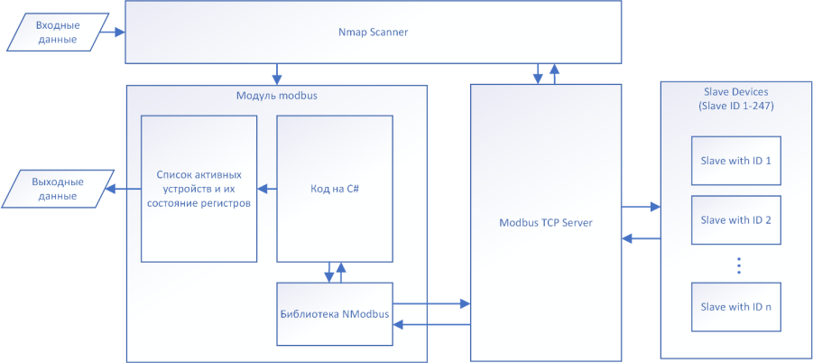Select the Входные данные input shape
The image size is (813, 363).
coord(56,33)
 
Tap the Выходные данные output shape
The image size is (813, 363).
coord(56,189)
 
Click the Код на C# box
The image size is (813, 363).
coord(334,189)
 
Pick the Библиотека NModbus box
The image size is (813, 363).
coord(334,313)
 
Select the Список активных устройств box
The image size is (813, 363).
coord(199,189)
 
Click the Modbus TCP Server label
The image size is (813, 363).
coord(545,222)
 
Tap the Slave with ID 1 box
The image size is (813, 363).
coord(735,161)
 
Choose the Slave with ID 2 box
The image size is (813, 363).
coord(735,219)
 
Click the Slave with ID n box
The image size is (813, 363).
coord(735,307)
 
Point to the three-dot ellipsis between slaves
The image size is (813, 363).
coord(737,265)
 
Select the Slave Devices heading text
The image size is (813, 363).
coord(735,98)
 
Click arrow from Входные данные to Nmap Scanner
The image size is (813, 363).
coord(113,33)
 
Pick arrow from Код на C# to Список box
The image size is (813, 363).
coord(266,189)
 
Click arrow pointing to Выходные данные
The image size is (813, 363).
coord(124,189)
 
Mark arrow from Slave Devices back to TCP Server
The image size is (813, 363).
coord(641,238)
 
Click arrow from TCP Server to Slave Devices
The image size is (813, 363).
coord(641,207)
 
